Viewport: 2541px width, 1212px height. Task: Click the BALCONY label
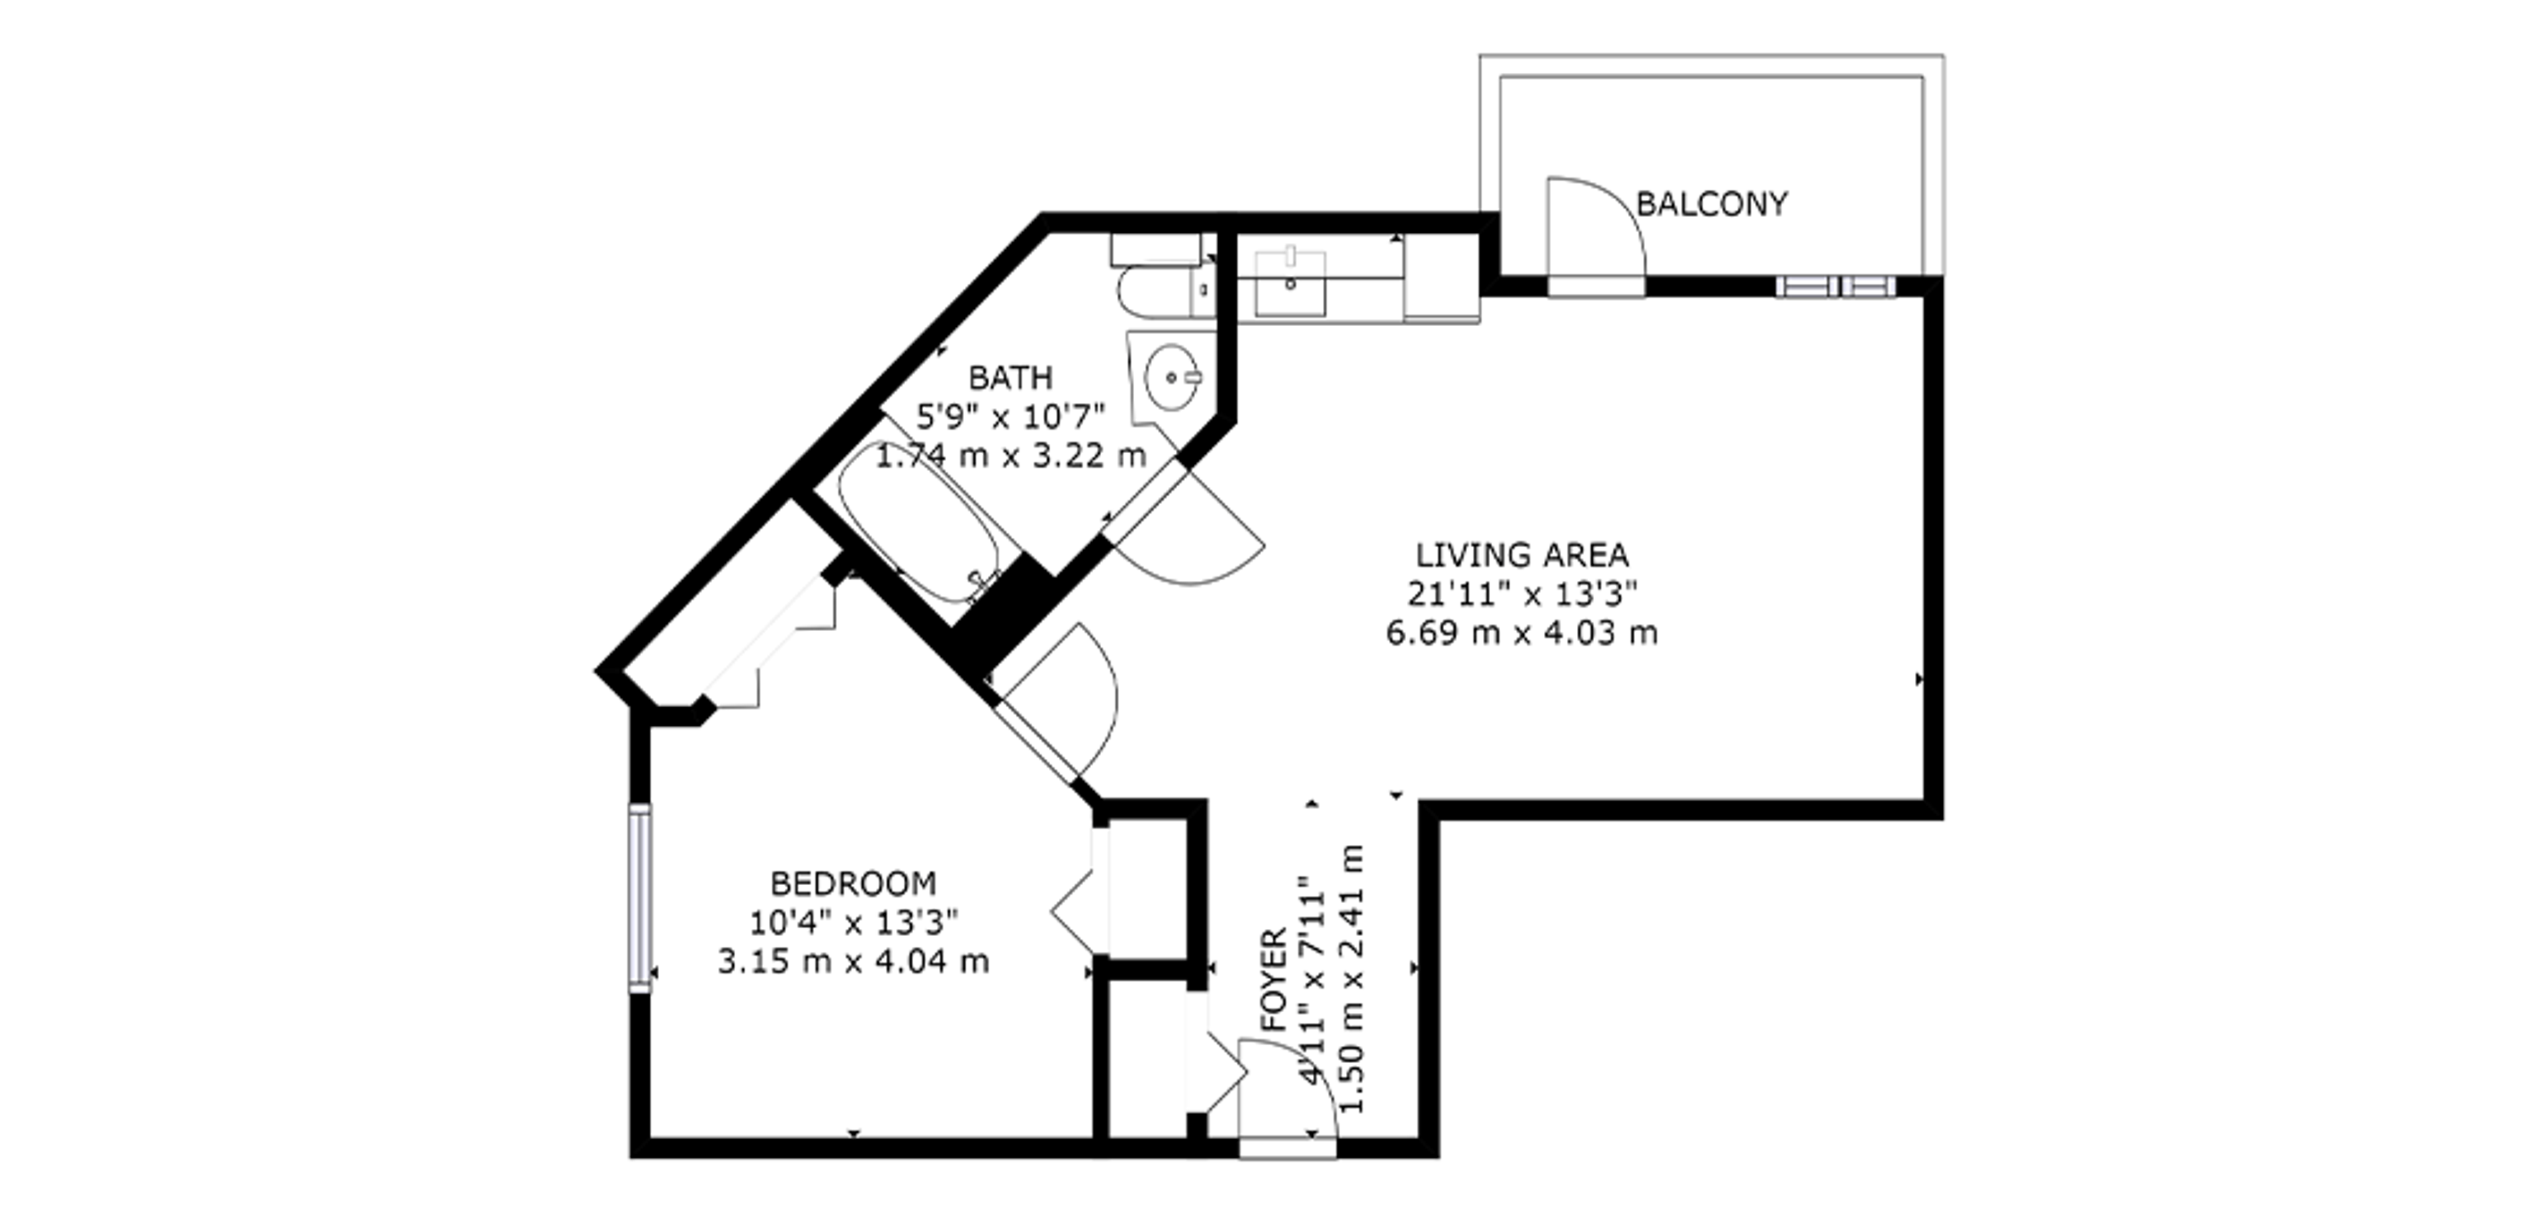[1711, 204]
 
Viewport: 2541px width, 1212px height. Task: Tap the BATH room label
[1010, 378]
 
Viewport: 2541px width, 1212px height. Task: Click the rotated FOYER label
[1274, 979]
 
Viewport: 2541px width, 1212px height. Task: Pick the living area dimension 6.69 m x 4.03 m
[1522, 633]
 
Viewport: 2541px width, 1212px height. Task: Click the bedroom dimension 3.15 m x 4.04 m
[853, 961]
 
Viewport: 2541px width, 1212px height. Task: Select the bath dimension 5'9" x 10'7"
[1010, 417]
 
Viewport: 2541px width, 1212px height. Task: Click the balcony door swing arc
[1613, 202]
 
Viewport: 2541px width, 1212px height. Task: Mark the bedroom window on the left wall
[640, 897]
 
